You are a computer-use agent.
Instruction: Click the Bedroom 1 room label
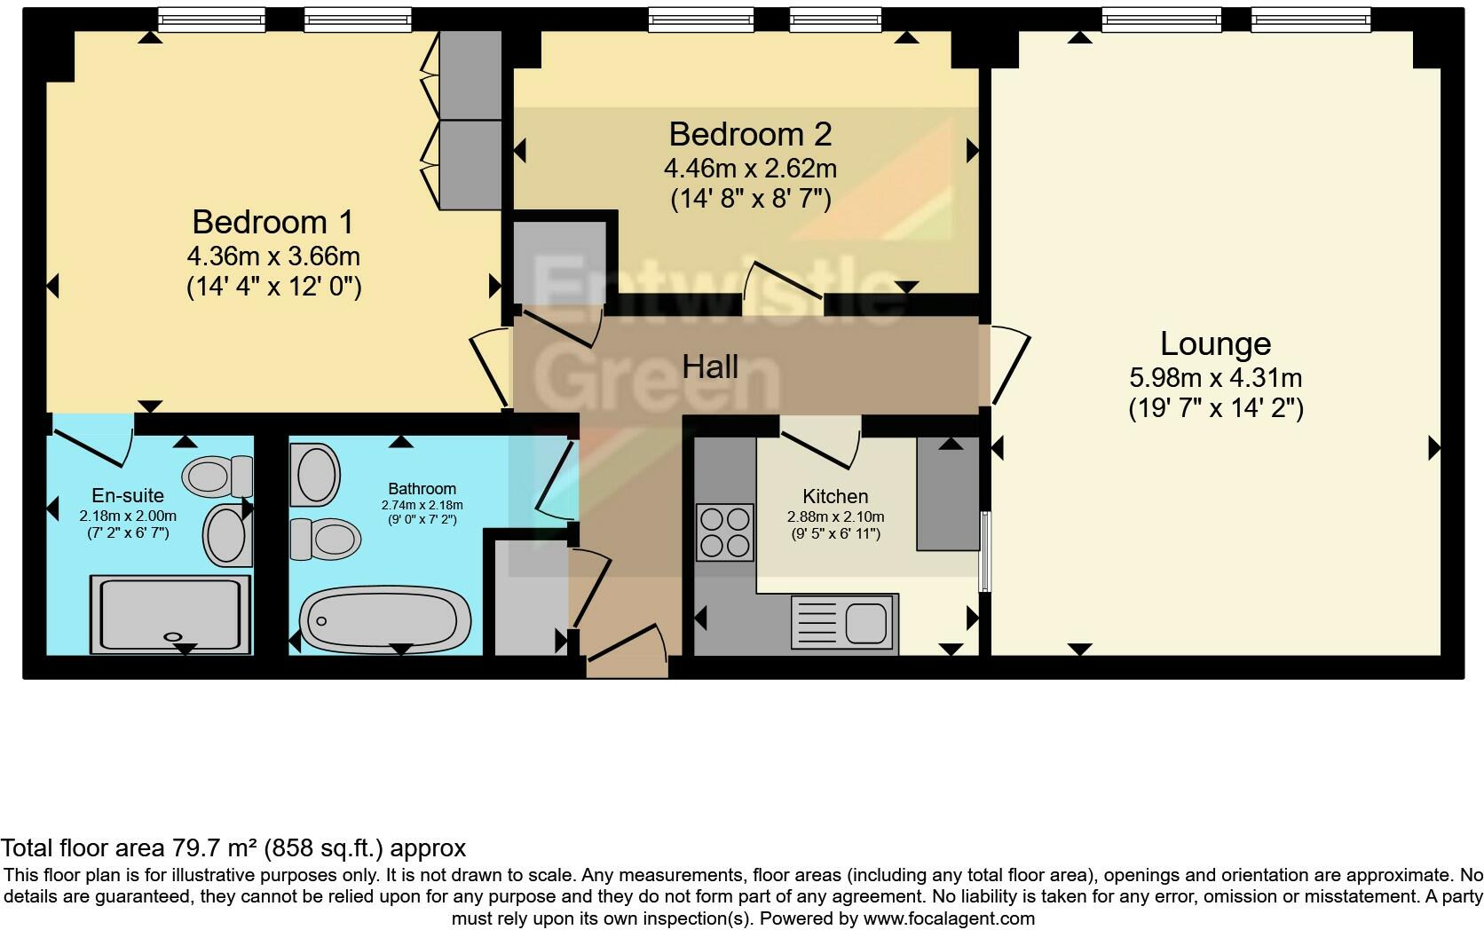tap(272, 221)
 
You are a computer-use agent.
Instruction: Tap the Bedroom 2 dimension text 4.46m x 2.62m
tap(750, 168)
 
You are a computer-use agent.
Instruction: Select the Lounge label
tap(1215, 343)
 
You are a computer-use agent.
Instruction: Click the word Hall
tap(710, 366)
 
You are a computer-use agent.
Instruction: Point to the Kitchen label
tap(835, 496)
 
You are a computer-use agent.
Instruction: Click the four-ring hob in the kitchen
tap(724, 532)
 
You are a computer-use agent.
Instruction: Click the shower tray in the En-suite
tap(170, 614)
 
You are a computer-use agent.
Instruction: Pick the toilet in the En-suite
tap(216, 477)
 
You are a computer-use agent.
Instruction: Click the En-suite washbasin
tap(226, 535)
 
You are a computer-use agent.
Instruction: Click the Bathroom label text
tap(422, 488)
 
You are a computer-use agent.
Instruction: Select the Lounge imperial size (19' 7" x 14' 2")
tap(1215, 409)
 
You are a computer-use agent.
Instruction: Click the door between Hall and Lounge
tap(1009, 366)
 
